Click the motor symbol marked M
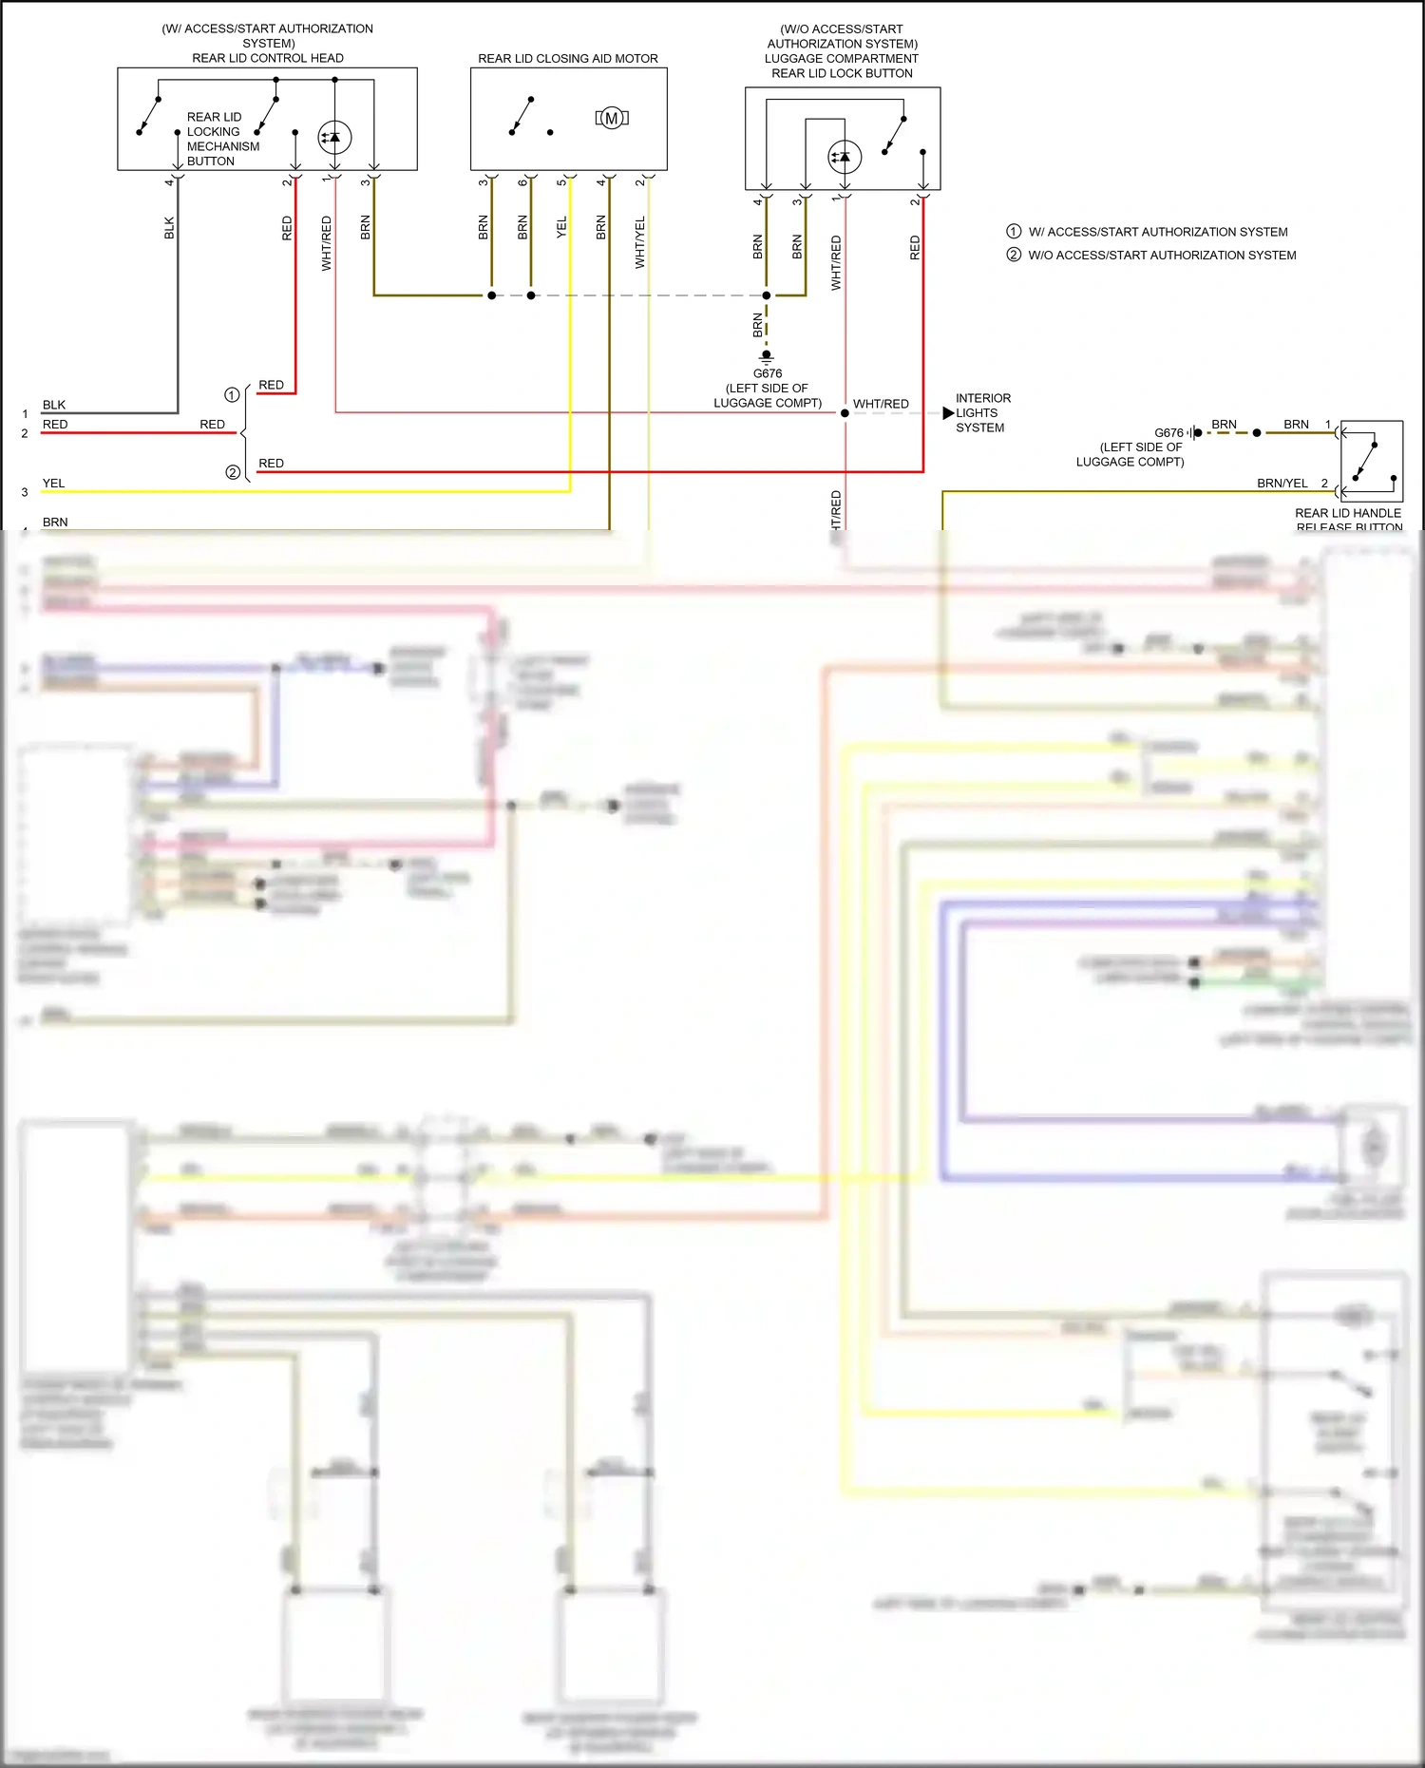[612, 118]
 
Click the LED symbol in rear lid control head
[333, 138]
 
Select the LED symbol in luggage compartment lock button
[844, 157]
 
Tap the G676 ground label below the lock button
[768, 373]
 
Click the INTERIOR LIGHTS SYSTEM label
[982, 412]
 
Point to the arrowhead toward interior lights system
[948, 412]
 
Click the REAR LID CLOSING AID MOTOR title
[567, 58]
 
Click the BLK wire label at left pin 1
[54, 405]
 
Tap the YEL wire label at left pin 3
[54, 484]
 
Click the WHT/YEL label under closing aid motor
[639, 241]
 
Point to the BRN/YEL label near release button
[1282, 483]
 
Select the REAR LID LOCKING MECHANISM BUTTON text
[221, 139]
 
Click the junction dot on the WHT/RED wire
[845, 413]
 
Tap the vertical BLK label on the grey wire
[169, 228]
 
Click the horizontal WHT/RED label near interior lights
[881, 404]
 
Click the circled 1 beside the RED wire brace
[232, 394]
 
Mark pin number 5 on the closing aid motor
[561, 181]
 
